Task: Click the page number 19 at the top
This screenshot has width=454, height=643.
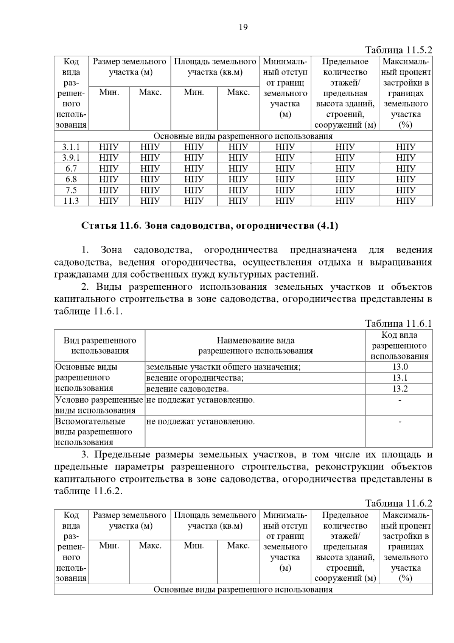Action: click(243, 27)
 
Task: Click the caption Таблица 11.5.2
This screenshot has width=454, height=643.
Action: click(398, 50)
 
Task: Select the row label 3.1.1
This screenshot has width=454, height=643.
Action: click(71, 147)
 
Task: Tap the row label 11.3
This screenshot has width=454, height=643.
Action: click(71, 201)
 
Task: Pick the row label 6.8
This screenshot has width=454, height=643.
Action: click(71, 179)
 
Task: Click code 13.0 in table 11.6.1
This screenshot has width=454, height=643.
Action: click(400, 367)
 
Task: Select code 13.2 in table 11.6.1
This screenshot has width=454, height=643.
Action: click(400, 389)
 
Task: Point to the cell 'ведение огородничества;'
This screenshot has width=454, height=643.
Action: click(195, 378)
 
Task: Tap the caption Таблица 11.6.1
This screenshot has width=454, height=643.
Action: click(398, 323)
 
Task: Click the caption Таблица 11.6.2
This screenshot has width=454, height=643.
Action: click(398, 503)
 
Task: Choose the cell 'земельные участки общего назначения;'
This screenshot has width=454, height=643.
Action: click(223, 367)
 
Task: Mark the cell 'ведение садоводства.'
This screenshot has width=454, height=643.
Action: click(188, 389)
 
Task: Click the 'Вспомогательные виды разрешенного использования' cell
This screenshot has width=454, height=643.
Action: click(94, 432)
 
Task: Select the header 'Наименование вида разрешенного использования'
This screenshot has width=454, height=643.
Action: click(255, 345)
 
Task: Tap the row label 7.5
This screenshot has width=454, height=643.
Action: click(71, 190)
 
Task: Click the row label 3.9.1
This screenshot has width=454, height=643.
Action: click(71, 158)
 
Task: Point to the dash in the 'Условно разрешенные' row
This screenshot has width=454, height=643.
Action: click(400, 400)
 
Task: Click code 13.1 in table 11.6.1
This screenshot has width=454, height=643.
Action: click(400, 378)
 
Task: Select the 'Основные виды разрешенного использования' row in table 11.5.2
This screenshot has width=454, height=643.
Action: click(243, 136)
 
